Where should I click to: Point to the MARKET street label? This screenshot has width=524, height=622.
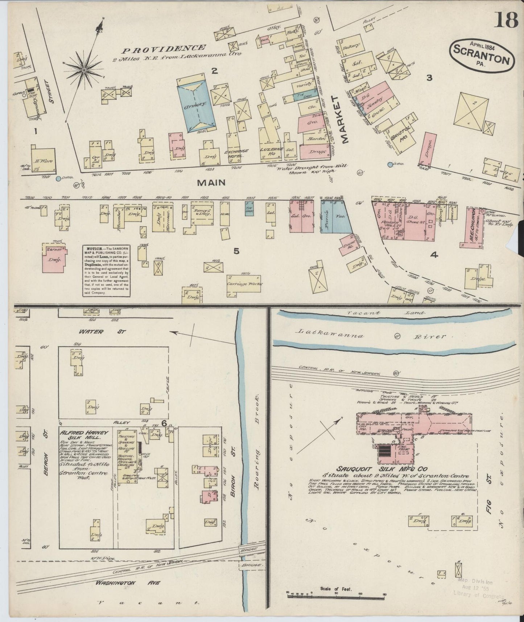(x=341, y=120)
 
